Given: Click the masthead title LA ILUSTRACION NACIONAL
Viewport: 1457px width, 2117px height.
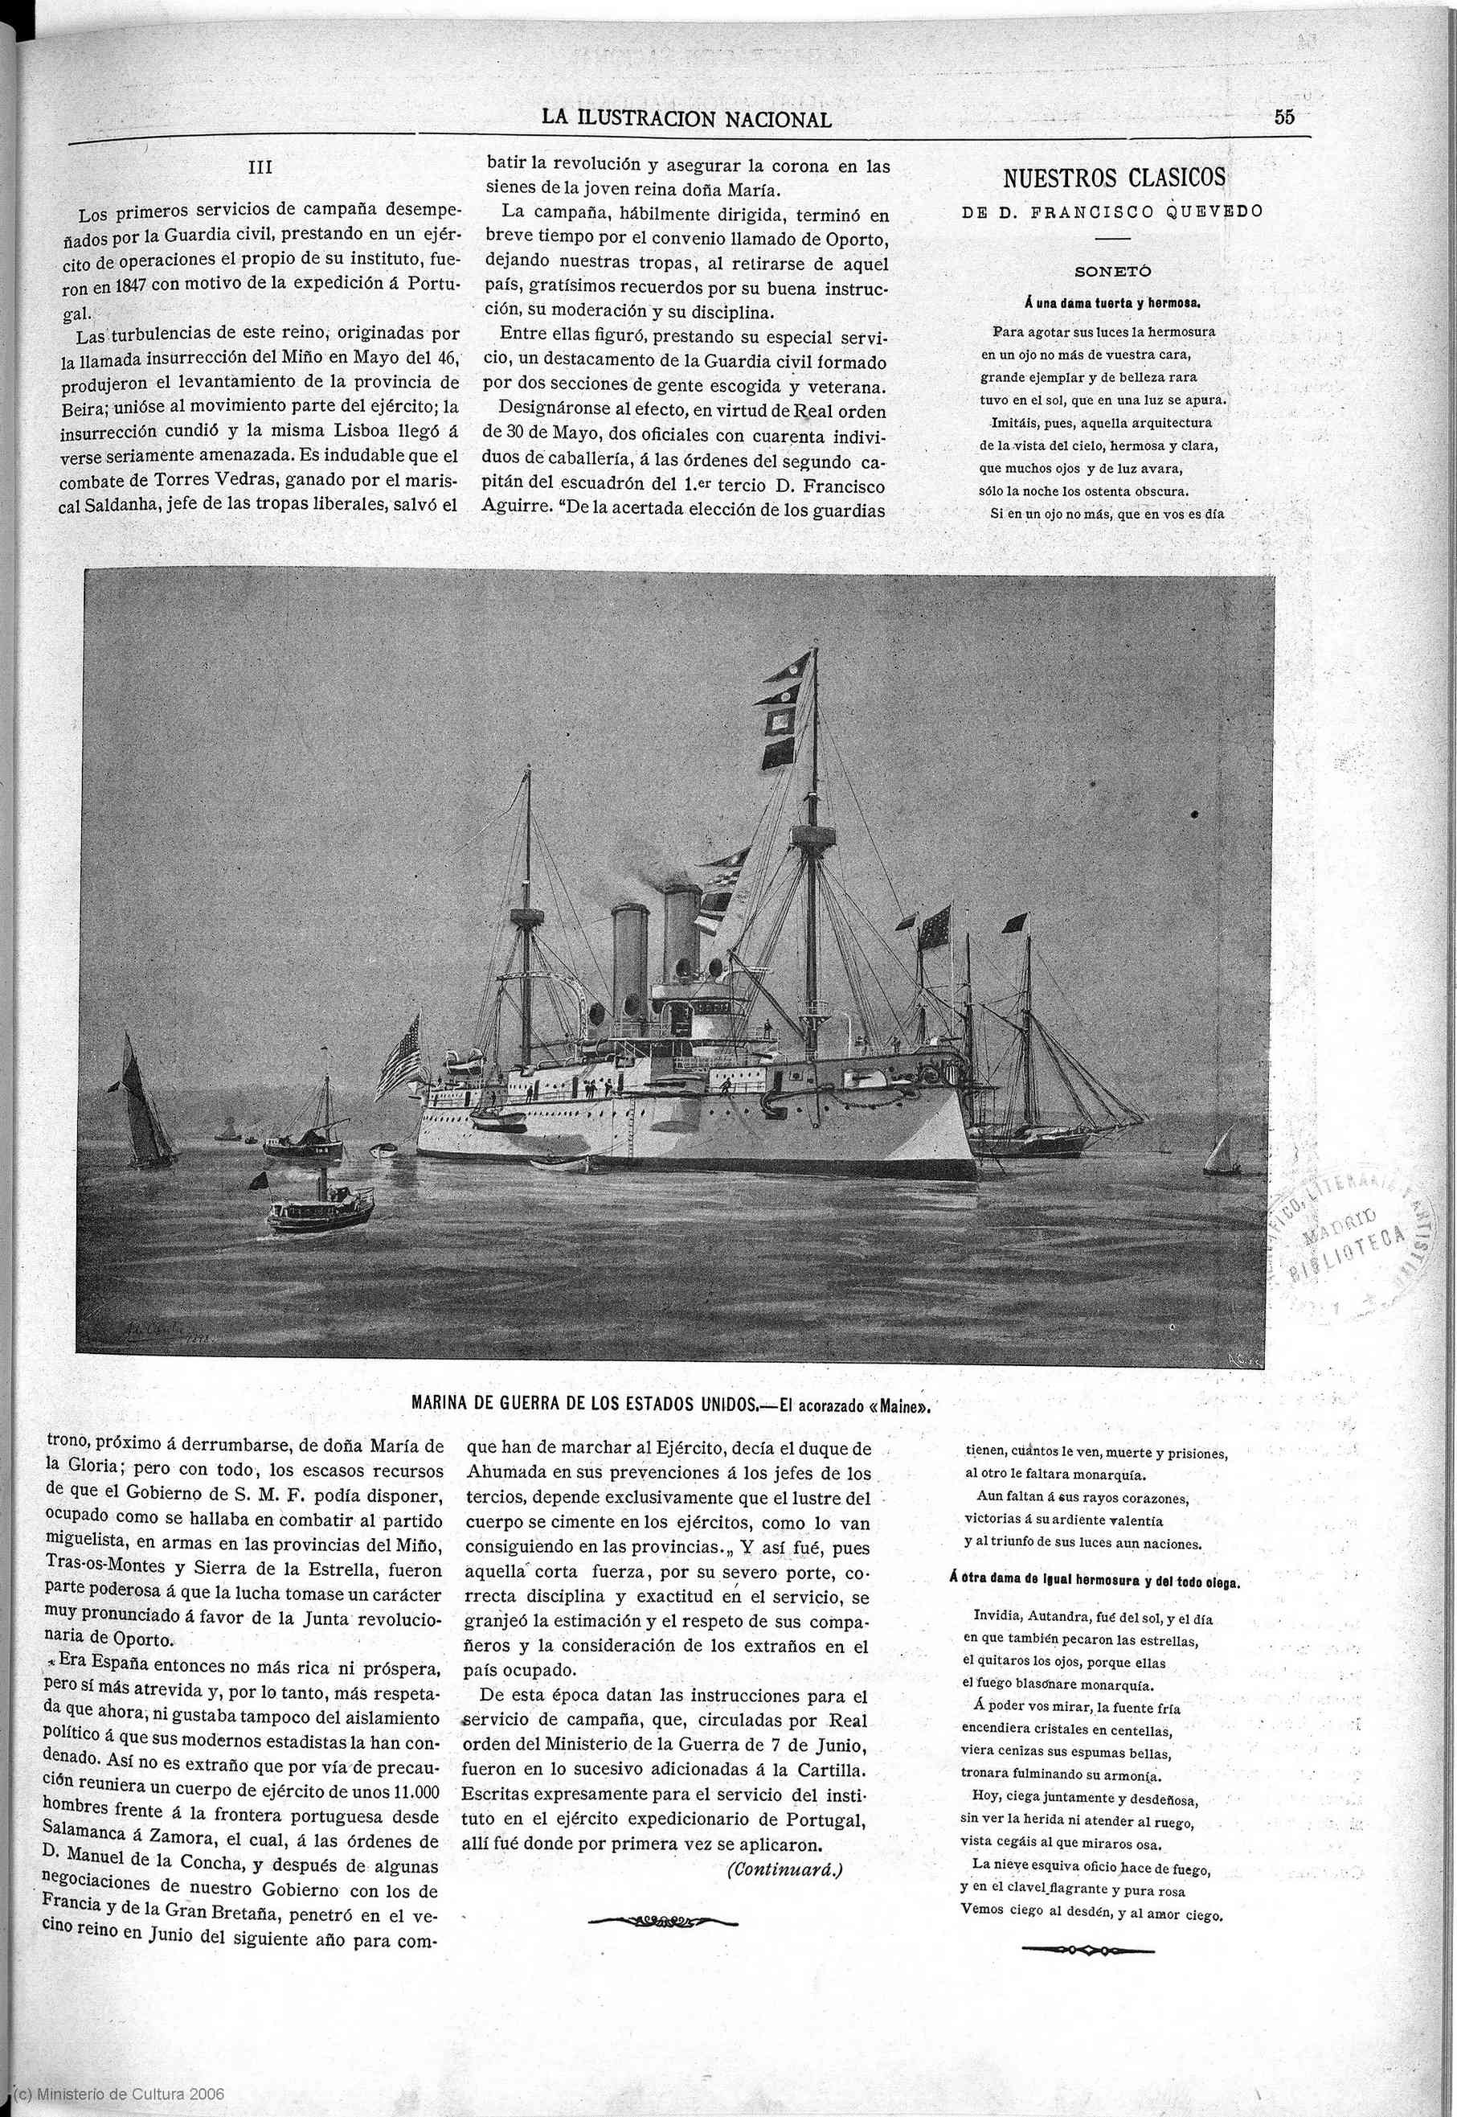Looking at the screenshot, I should point(686,119).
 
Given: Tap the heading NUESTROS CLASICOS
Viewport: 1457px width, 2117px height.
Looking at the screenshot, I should point(1114,177).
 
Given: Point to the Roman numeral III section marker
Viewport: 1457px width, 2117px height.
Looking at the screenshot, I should point(260,168).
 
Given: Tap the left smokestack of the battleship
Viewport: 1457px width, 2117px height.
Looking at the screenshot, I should point(628,963).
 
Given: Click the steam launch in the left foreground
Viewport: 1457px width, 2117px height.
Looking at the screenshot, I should point(321,1208).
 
